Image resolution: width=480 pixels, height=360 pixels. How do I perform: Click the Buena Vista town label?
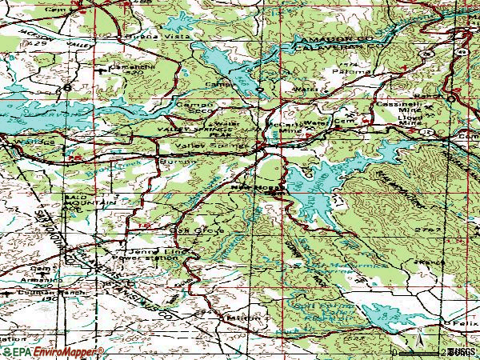(145, 37)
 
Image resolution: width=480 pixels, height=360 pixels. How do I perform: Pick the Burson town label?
(181, 161)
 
